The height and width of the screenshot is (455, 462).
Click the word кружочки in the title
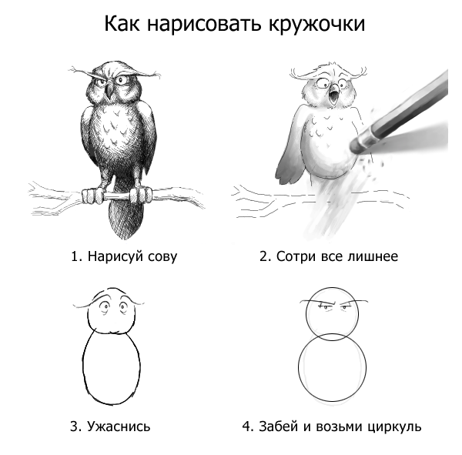[316, 24]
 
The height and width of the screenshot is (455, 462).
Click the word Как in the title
[122, 24]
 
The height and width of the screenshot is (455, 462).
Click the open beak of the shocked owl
[334, 95]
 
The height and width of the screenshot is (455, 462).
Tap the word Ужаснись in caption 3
[119, 426]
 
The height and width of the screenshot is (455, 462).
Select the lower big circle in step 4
[299, 367]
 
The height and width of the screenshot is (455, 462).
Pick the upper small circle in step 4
[306, 313]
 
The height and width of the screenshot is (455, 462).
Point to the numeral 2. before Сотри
[266, 256]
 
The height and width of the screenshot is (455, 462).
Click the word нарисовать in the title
[204, 24]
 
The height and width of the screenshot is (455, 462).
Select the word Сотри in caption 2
[296, 256]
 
